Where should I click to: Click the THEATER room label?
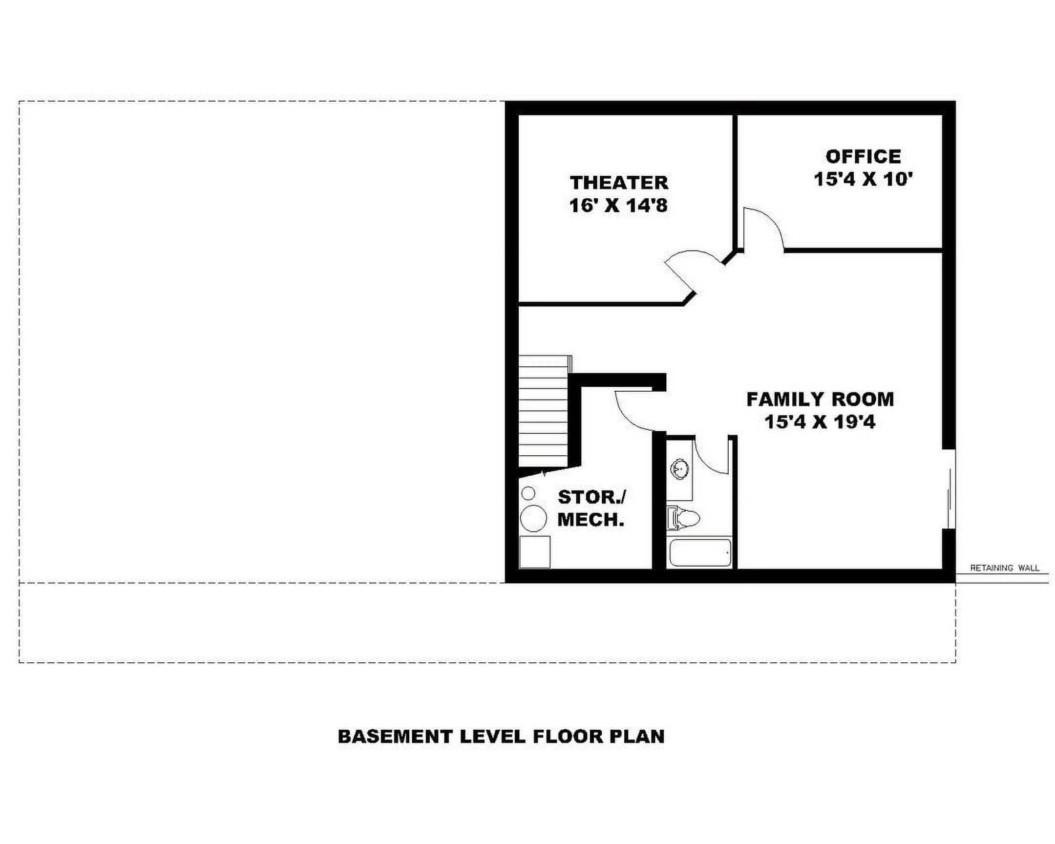619,183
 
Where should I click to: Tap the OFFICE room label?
863,157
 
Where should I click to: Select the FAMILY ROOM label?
820,399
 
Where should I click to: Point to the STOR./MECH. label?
591,508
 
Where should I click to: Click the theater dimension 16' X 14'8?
618,206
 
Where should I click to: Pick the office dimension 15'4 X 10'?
863,179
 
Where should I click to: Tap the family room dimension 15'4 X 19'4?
820,422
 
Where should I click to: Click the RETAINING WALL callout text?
1005,568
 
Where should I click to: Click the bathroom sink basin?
679,469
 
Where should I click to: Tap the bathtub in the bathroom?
700,553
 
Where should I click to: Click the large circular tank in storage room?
533,518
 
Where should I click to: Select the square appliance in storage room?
535,552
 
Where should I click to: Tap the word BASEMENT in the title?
394,737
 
